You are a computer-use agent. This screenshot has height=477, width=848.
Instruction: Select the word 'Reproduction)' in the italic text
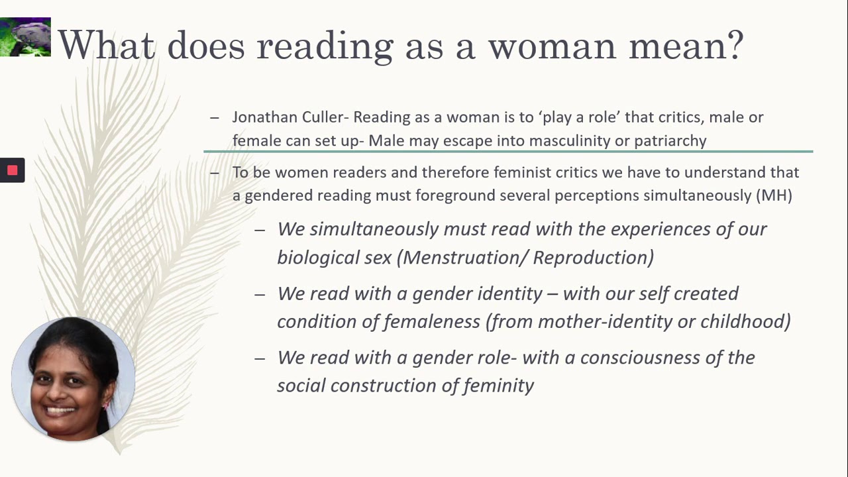tap(593, 257)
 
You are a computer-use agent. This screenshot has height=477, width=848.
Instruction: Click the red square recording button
tap(12, 170)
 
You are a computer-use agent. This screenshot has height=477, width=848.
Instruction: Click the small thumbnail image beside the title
tap(25, 37)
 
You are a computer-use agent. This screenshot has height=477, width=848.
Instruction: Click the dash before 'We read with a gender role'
tap(260, 358)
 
